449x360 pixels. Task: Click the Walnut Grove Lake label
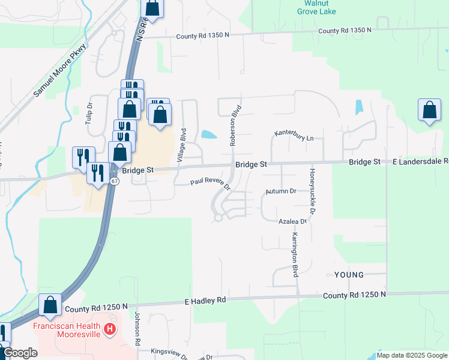click(316, 7)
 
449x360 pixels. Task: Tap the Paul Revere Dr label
click(211, 182)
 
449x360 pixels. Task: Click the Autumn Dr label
click(282, 191)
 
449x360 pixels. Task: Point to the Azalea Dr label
click(292, 221)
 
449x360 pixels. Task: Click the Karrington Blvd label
click(295, 254)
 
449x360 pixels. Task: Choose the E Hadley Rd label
click(205, 300)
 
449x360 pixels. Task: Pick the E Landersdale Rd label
click(421, 162)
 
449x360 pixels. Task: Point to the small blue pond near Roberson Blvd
click(209, 134)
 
